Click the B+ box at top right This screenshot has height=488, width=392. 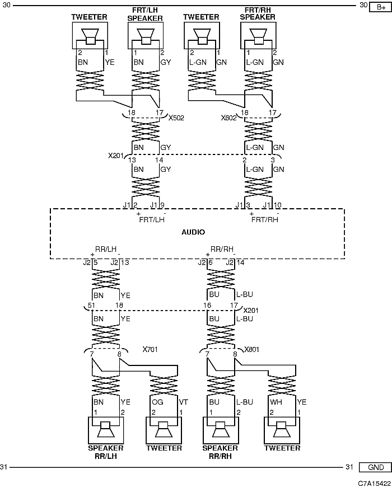(x=380, y=7)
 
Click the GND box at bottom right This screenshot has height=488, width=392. (x=376, y=467)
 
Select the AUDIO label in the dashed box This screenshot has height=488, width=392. (x=193, y=232)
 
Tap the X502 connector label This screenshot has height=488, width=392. (x=176, y=118)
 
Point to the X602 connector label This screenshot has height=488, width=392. (x=229, y=118)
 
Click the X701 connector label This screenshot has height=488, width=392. (x=150, y=350)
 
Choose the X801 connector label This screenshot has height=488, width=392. (x=251, y=350)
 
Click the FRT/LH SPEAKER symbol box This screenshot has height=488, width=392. (x=146, y=35)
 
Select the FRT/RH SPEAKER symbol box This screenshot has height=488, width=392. (x=258, y=35)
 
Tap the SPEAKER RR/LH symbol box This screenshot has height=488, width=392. (x=106, y=430)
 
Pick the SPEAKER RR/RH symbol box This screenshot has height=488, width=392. (x=221, y=430)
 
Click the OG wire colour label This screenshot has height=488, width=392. (x=157, y=402)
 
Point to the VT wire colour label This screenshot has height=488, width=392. (x=183, y=402)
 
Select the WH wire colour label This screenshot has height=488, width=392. (x=276, y=402)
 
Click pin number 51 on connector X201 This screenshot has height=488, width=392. (x=91, y=306)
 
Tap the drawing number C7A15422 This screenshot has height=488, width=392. (x=374, y=484)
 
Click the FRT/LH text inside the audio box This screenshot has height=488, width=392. (x=152, y=220)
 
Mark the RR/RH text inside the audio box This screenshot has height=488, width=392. (x=222, y=249)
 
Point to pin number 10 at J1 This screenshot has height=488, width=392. (x=277, y=205)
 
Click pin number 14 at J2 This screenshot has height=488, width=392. (x=240, y=262)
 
